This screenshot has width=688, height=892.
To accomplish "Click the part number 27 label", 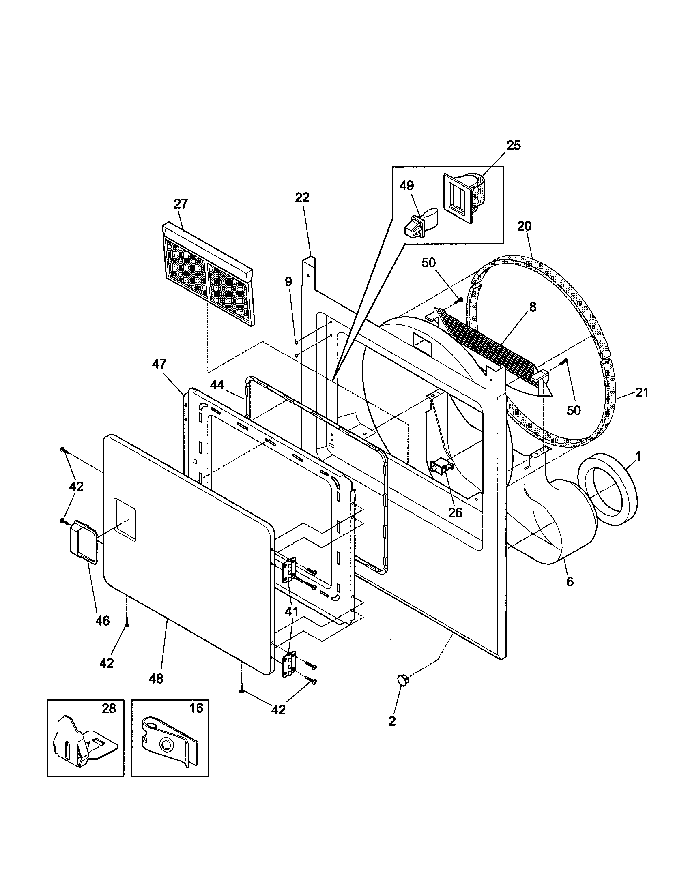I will pyautogui.click(x=181, y=204).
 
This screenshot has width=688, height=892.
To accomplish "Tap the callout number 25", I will pyautogui.click(x=514, y=145).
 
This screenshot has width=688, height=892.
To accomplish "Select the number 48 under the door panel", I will pyautogui.click(x=156, y=678).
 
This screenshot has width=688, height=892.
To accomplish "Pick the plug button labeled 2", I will pyautogui.click(x=403, y=680).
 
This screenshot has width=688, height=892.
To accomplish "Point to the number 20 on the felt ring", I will pyautogui.click(x=525, y=225).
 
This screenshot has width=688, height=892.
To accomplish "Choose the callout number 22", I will pyautogui.click(x=302, y=198).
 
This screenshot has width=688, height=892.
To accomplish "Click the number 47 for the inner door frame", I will pyautogui.click(x=159, y=364).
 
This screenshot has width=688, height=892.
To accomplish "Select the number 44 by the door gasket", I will pyautogui.click(x=217, y=384).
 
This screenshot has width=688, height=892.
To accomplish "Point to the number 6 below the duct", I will pyautogui.click(x=570, y=581).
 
